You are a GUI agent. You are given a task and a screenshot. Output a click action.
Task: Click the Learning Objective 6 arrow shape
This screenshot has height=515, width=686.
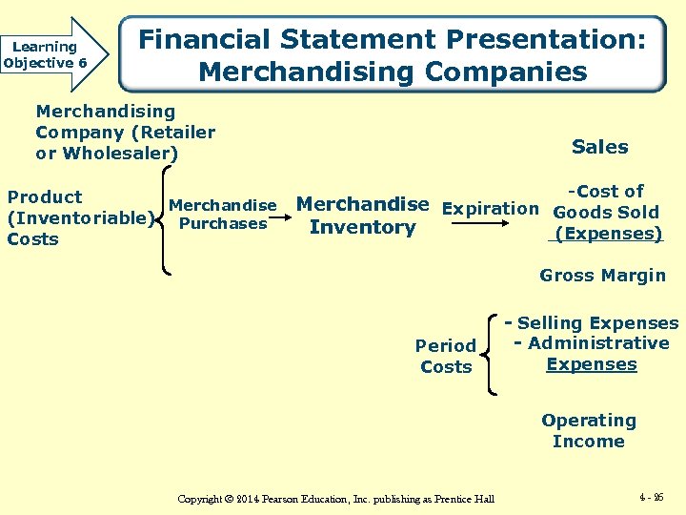(53, 54)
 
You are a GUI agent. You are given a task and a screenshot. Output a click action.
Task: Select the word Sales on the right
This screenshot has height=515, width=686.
(599, 147)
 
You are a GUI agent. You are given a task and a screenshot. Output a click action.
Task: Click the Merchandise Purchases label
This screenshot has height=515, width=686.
(222, 215)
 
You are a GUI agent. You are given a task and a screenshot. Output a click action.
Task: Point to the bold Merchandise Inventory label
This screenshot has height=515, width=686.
(363, 216)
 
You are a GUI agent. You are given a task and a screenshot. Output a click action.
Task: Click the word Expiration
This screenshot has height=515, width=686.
(491, 208)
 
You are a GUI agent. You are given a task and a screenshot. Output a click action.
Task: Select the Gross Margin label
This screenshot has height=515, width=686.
(602, 276)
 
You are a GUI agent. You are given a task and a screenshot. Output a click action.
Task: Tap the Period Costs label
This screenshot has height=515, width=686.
(446, 356)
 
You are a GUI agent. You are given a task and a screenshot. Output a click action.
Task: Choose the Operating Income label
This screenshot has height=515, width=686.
(588, 430)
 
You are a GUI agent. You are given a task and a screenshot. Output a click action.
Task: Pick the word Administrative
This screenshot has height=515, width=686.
(598, 343)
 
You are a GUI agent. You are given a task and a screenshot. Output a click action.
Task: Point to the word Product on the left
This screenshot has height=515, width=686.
(45, 197)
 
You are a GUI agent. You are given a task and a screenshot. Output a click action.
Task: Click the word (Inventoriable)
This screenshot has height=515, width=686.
(77, 218)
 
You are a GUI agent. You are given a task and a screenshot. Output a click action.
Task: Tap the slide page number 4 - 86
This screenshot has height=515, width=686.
(653, 497)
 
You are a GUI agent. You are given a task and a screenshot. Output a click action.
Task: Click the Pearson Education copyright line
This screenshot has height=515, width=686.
(336, 499)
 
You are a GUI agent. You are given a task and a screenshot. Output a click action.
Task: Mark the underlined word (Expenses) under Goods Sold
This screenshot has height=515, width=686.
(608, 234)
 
